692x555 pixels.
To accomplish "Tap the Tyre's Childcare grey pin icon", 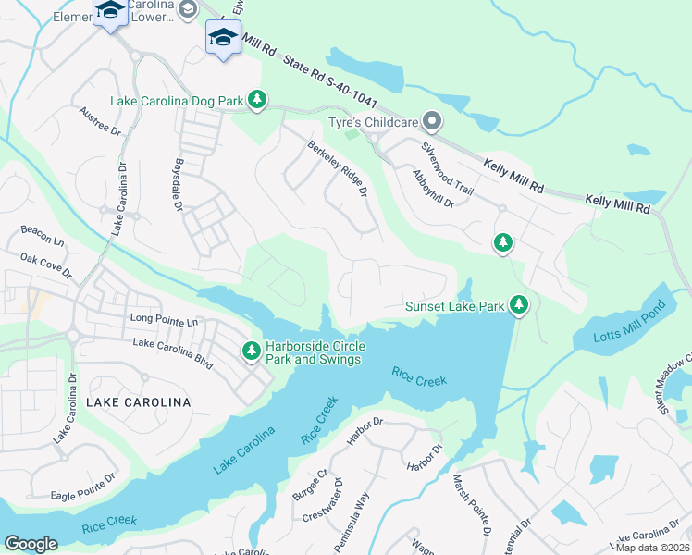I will coord(431,121).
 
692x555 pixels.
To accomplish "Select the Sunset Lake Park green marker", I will coord(520,305).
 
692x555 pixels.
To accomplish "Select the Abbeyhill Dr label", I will coord(433,189).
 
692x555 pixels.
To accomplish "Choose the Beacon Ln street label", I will coord(43,236).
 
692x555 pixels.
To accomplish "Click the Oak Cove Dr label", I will coord(45,266).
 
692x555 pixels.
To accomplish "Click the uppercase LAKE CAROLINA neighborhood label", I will coord(138,402).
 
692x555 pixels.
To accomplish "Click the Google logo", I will coord(31,543).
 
